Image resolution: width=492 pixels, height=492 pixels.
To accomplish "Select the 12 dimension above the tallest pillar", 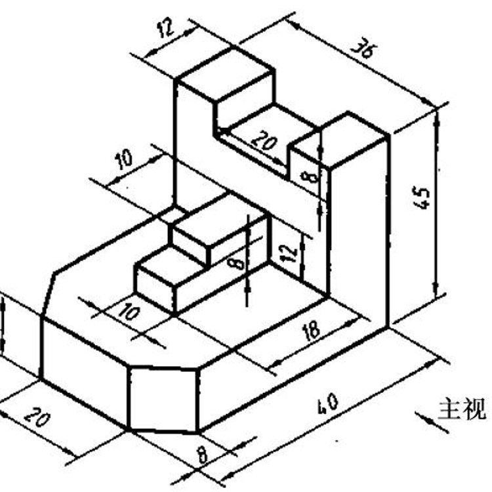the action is pos(163,28).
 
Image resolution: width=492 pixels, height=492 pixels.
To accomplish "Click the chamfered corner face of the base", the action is pos(163,398).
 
